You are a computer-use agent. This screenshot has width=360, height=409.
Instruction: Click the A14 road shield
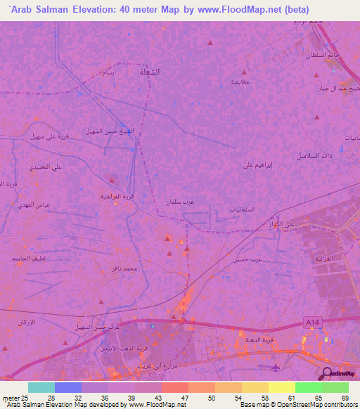[313, 322]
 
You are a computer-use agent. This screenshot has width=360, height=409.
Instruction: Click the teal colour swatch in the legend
[41, 387]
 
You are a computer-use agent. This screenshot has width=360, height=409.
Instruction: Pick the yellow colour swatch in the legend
[281, 387]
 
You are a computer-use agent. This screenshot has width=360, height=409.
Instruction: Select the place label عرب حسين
[248, 259]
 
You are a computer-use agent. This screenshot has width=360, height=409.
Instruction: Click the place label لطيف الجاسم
[27, 259]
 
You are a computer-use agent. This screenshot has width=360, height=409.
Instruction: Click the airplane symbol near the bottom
[276, 367]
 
